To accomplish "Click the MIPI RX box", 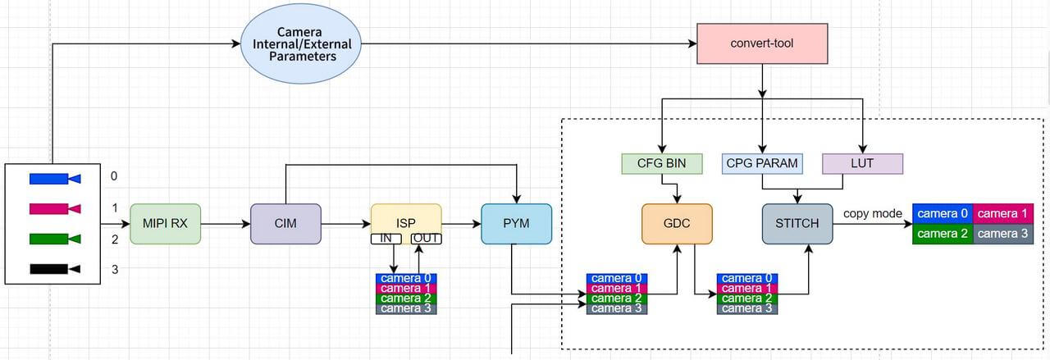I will point(165,224).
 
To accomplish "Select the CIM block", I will point(285,224).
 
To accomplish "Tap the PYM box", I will point(516,224).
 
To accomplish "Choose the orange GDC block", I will point(677,224).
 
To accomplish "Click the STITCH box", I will point(797,224).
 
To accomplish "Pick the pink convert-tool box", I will point(762,43).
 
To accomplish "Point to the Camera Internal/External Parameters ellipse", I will point(302,44).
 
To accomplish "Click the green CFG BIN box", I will point(662,163).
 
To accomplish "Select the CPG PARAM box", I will point(762,163).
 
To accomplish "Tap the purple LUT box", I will point(862,163).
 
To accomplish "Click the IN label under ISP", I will point(387,239).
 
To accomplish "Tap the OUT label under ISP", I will point(427,239).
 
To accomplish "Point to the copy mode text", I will point(873,213).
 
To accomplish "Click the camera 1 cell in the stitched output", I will point(1002,214).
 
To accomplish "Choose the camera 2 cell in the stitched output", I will point(943,234).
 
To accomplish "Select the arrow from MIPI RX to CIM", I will point(225,224).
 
